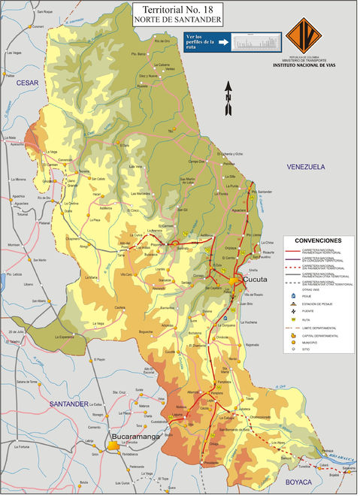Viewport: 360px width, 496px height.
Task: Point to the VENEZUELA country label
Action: (304, 166)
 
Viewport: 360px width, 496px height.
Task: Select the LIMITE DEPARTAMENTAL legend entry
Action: (319, 327)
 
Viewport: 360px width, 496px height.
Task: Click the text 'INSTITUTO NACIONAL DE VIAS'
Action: (315, 65)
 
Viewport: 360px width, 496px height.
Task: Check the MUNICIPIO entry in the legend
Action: (309, 343)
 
